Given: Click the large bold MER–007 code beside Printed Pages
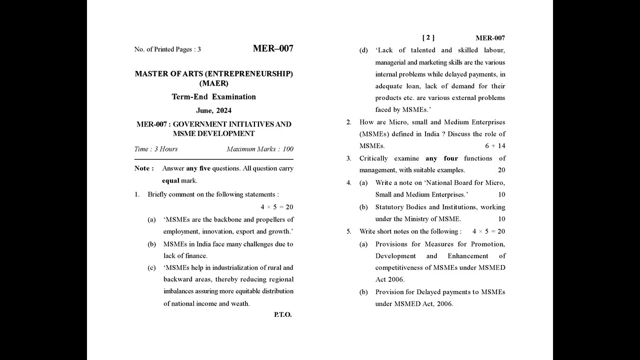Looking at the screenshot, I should tap(273, 48).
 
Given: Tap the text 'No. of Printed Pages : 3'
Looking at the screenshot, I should tap(167, 49).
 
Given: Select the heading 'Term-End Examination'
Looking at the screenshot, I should tap(213, 97).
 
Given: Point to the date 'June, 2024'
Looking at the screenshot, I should tap(213, 110).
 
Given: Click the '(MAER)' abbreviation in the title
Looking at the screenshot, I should tap(213, 83).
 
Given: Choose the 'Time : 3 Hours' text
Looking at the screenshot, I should tap(156, 149).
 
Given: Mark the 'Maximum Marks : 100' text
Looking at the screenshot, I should tap(260, 149).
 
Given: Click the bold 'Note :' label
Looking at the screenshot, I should tap(144, 168).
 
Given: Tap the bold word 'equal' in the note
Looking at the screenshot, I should tap(170, 180).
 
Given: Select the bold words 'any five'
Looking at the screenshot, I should tap(198, 168).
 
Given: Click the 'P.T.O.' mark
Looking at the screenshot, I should tap(282, 314).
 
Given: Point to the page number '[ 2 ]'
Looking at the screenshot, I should tap(428, 37).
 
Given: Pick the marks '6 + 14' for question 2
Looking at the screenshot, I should tap(495, 146).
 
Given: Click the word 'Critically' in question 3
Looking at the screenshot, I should tap(373, 158).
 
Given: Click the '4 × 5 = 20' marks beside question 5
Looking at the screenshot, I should tap(488, 231).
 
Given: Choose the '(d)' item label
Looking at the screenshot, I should tap(363, 50).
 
